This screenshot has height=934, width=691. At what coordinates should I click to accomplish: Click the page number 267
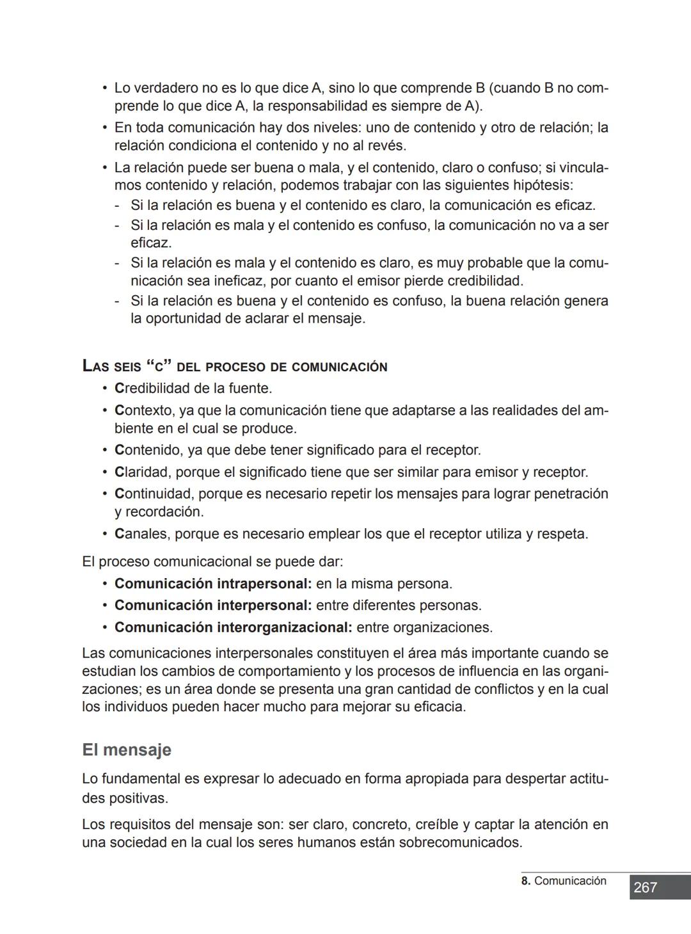(645, 887)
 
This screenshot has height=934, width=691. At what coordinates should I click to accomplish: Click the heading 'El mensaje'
(127, 750)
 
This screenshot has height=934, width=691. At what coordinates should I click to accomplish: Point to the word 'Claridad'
(141, 472)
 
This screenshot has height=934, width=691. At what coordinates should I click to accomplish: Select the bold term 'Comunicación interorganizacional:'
(233, 627)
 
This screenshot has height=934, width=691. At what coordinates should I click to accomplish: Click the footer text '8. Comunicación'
(564, 881)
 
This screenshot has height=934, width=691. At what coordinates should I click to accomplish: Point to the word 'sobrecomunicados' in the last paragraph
(459, 842)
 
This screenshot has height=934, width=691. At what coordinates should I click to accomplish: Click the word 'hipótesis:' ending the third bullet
(543, 186)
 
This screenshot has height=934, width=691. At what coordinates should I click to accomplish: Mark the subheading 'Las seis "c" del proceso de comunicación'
(235, 367)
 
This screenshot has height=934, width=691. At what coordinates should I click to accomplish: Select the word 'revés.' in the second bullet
(387, 146)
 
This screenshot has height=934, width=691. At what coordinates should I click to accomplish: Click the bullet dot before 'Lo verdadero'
(104, 88)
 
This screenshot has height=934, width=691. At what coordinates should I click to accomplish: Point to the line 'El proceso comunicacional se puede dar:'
(212, 562)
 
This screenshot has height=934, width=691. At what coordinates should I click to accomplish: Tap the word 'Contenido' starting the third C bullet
(147, 451)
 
